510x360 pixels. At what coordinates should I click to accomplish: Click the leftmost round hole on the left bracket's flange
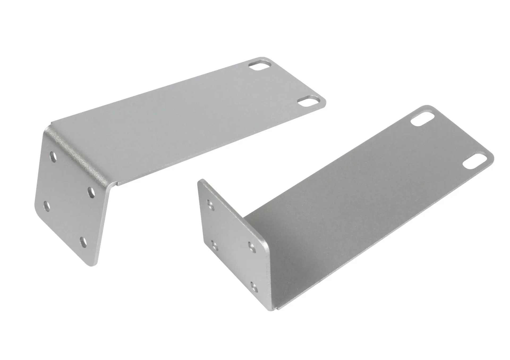(46, 206)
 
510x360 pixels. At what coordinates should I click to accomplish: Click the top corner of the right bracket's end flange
(202, 180)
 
